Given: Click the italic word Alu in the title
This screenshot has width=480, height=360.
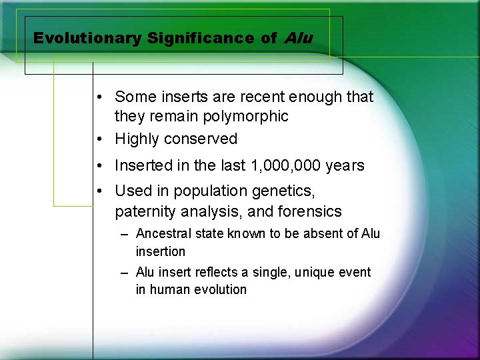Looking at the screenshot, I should tap(297, 38).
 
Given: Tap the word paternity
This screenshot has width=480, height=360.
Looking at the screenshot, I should tap(144, 212).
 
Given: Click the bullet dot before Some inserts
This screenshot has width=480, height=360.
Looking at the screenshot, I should tap(98, 97).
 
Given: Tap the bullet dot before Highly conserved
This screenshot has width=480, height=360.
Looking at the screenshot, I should tap(98, 139).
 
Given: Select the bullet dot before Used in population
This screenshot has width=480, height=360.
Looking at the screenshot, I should tap(98, 191).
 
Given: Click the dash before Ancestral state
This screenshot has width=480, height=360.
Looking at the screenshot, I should tap(125, 234).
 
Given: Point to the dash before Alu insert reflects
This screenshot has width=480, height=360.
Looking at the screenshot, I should tap(125, 273).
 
